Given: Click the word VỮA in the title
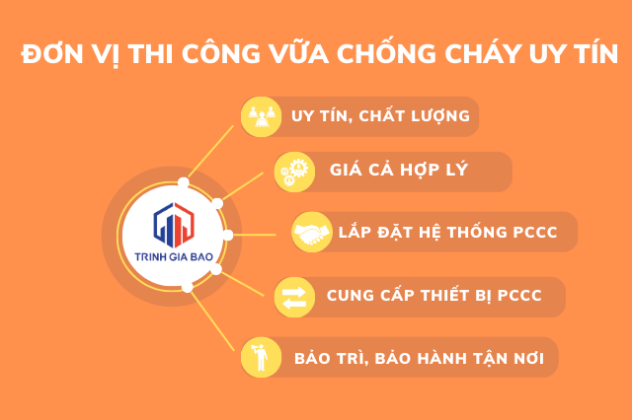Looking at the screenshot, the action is click(x=298, y=51).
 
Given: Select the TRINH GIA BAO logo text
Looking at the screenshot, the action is click(x=174, y=256).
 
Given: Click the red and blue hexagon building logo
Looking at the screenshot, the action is click(x=174, y=225).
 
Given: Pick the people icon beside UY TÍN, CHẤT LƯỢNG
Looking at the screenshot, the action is click(x=261, y=116).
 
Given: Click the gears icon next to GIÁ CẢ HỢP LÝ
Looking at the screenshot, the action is click(x=294, y=173).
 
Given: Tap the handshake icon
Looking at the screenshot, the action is click(x=312, y=233).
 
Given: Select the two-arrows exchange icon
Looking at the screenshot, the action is click(x=294, y=298).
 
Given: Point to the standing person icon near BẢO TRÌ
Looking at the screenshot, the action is click(x=260, y=357).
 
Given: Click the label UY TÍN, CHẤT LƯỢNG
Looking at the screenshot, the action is click(x=380, y=116).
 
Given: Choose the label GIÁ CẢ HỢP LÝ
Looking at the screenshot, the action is click(x=399, y=170).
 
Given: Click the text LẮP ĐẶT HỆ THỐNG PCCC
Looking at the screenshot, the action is click(x=447, y=232).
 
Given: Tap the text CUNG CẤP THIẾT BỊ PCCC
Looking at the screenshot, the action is click(x=434, y=295).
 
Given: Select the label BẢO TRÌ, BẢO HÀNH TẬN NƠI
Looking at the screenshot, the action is click(x=419, y=358).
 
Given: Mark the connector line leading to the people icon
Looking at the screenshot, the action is click(x=210, y=151).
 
